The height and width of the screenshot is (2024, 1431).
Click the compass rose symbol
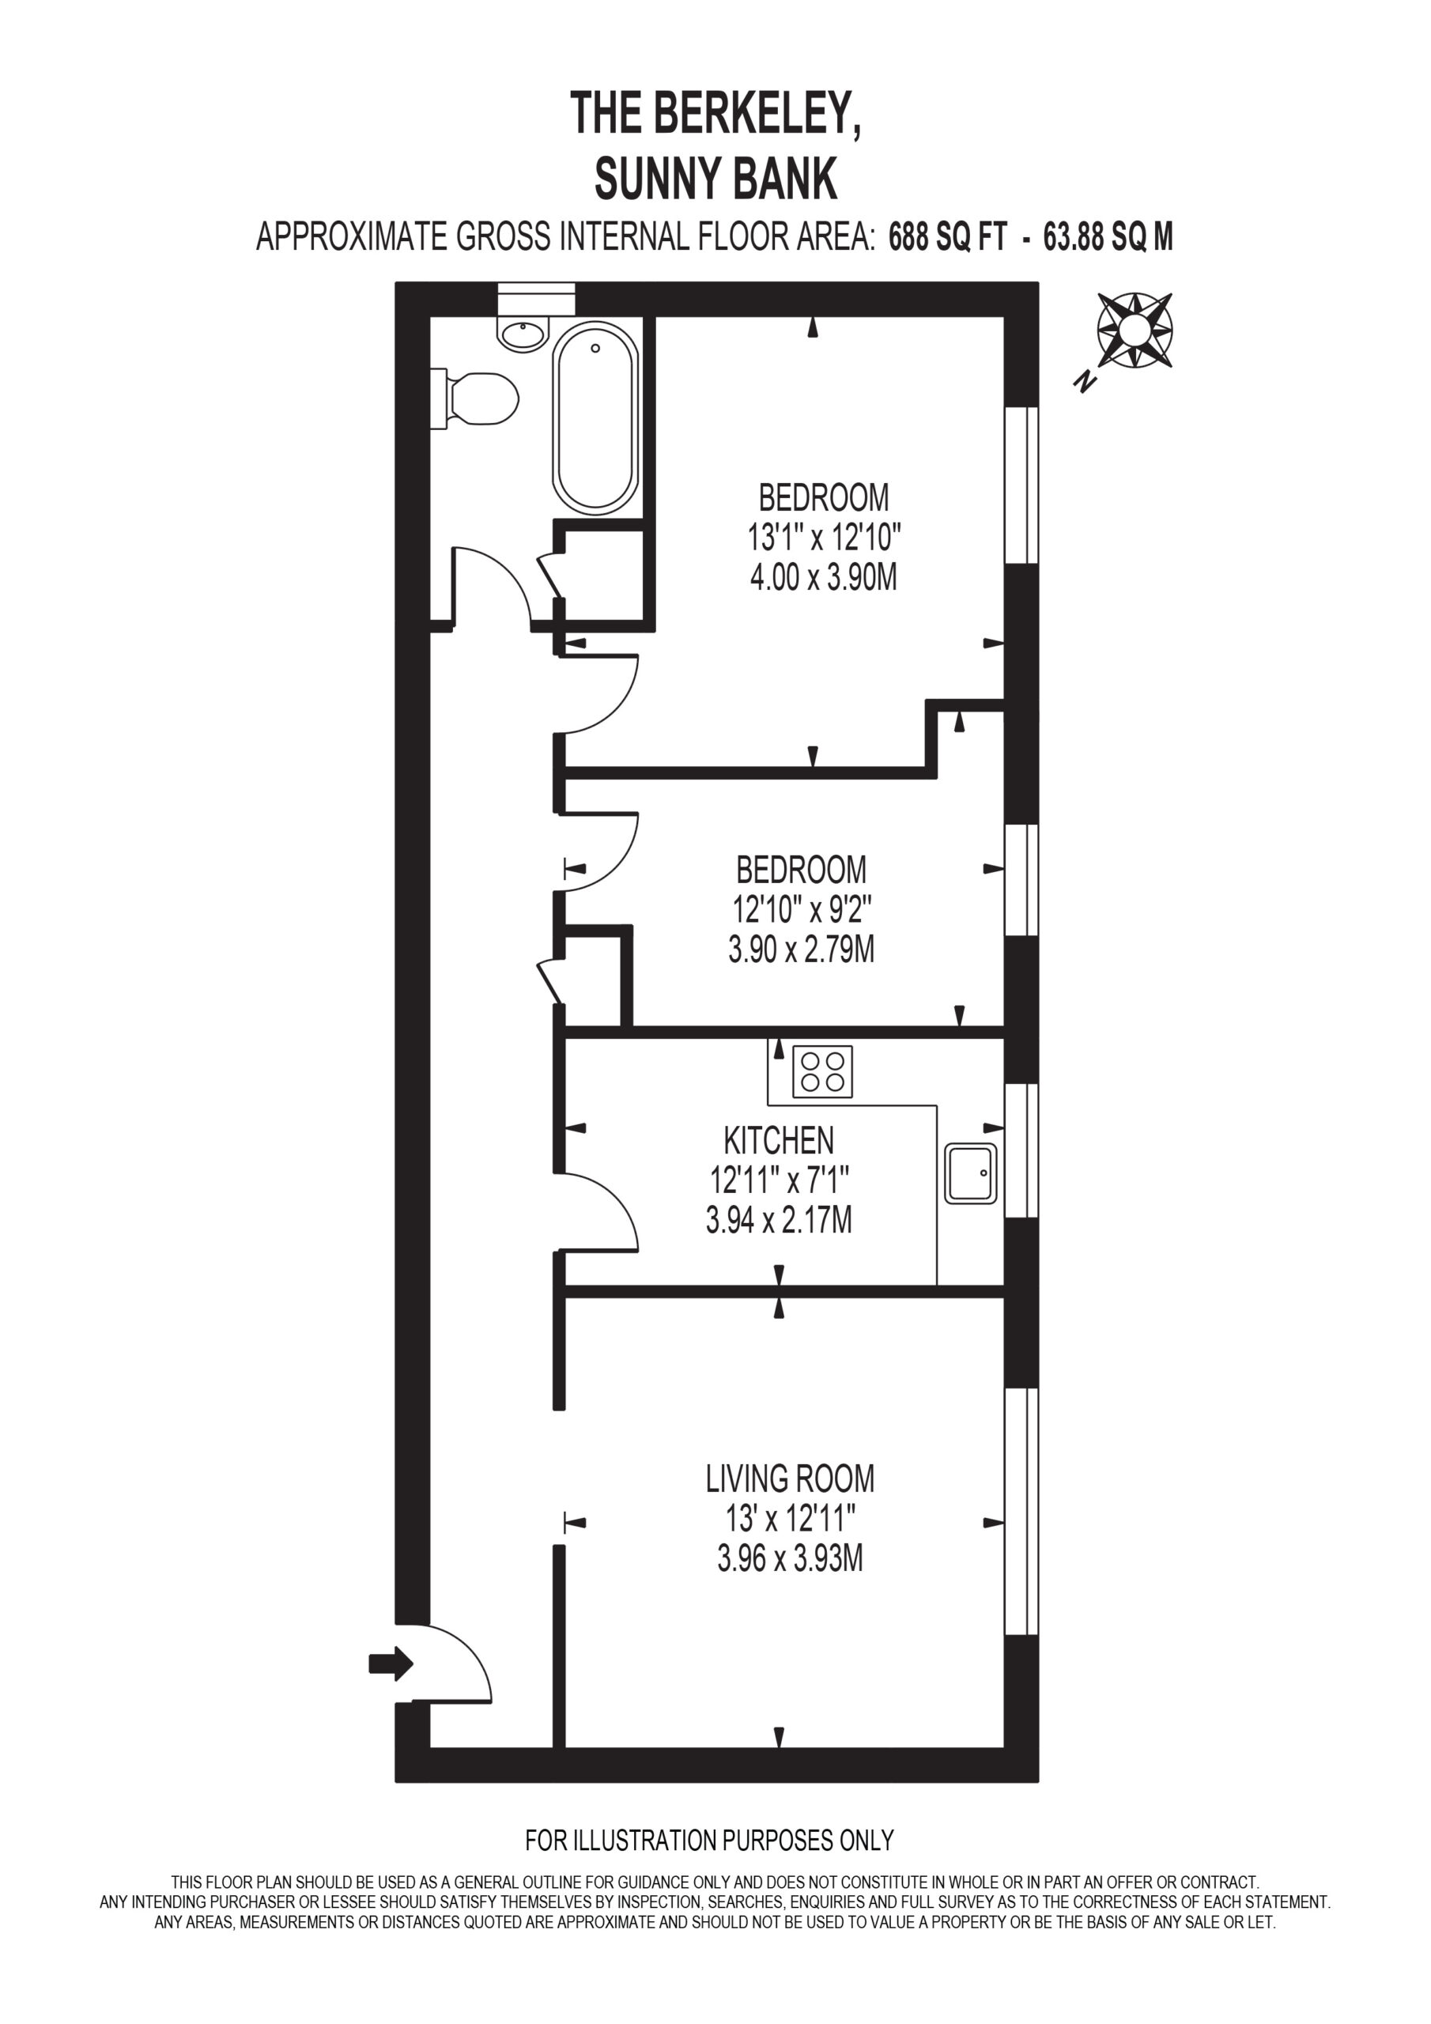pyautogui.click(x=1135, y=330)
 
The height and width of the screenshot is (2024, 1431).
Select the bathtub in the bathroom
pyautogui.click(x=595, y=418)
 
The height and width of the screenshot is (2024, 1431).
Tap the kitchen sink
pyautogui.click(x=971, y=1173)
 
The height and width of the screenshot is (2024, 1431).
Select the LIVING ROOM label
pyautogui.click(x=790, y=1478)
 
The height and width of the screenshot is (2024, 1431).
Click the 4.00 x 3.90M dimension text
pyautogui.click(x=824, y=578)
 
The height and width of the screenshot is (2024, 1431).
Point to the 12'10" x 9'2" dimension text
pyautogui.click(x=802, y=909)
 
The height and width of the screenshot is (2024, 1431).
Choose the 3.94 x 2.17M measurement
pyautogui.click(x=779, y=1221)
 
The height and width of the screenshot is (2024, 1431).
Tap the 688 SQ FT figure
pyautogui.click(x=947, y=237)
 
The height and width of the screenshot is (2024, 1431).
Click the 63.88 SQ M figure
pyautogui.click(x=1108, y=237)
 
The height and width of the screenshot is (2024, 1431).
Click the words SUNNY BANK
pyautogui.click(x=715, y=179)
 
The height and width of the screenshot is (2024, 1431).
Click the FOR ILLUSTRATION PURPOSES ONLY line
pyautogui.click(x=710, y=1841)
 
